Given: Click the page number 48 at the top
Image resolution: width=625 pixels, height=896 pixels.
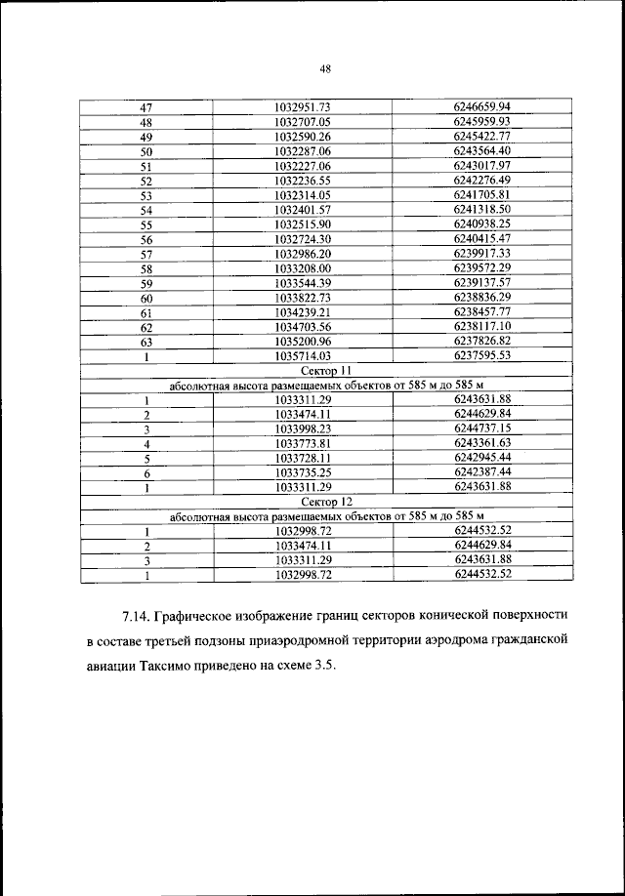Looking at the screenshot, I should tap(326, 68).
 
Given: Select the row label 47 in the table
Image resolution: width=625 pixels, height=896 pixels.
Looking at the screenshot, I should tap(146, 106).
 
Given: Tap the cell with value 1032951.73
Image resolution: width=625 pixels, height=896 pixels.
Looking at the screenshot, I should tap(304, 106).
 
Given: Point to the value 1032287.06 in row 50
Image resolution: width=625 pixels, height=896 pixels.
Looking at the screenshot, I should tap(304, 152).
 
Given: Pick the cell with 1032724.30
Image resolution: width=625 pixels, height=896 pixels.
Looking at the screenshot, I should tap(304, 239).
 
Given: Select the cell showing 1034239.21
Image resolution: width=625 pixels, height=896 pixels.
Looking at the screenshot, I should tap(304, 312).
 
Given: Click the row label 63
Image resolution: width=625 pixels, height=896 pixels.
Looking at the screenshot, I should tap(146, 342).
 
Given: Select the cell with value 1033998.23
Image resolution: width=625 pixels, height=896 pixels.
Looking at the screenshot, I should tap(304, 428).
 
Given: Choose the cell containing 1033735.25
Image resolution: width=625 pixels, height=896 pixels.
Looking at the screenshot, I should tap(304, 472).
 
